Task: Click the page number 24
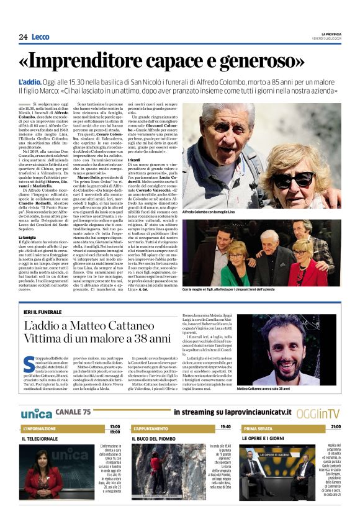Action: [23, 37]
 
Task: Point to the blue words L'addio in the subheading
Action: [29, 83]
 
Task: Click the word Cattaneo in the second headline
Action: [124, 325]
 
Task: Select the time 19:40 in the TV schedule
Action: [225, 427]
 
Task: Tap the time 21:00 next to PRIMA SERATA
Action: [335, 427]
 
